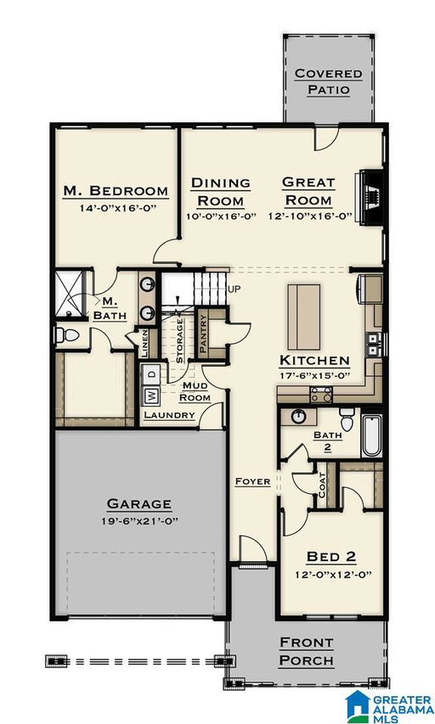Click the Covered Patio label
pos(328,81)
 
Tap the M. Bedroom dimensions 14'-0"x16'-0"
pos(116,208)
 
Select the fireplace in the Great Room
pos(371,198)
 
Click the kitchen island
pos(303,317)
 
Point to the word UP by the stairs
pos(234,289)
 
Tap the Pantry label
pos(202,334)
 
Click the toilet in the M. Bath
pos(65,334)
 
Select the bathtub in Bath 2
pos(371,435)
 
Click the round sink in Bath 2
pos(298,417)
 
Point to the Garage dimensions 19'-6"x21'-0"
pos(139,521)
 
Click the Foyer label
pos(252,481)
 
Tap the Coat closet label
pos(322,486)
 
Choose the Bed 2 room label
pos(331,557)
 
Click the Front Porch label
pos(307,652)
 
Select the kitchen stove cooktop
pos(320,396)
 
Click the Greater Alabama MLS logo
pos(389,706)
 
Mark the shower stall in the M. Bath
pos(70,294)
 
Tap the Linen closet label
pos(145,344)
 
